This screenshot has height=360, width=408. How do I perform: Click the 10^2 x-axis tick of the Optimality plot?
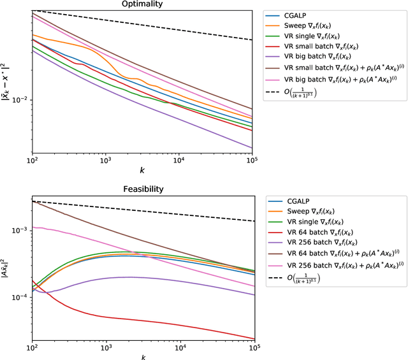pos(31,162)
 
